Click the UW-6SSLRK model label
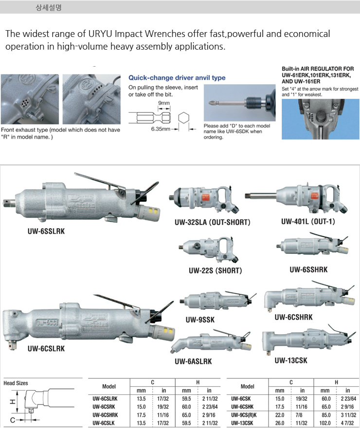pyautogui.click(x=46, y=231)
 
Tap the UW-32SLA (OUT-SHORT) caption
pyautogui.click(x=212, y=222)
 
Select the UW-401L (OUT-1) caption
pyautogui.click(x=308, y=221)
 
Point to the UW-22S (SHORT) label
pyautogui.click(x=216, y=270)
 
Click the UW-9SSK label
pyautogui.click(x=200, y=320)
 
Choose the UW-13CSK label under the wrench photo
pyautogui.click(x=291, y=360)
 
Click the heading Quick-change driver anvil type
pyautogui.click(x=177, y=78)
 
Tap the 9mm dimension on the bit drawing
pyautogui.click(x=164, y=103)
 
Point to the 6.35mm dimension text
pyautogui.click(x=161, y=129)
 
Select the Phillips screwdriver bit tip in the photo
pyautogui.click(x=212, y=103)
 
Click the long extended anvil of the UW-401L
pyautogui.click(x=261, y=196)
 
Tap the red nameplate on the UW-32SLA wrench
pyautogui.click(x=205, y=196)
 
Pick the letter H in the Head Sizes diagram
pyautogui.click(x=12, y=402)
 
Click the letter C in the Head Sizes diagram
pyautogui.click(x=13, y=420)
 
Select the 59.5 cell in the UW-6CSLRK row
pyautogui.click(x=186, y=398)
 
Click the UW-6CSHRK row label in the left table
pyautogui.click(x=105, y=415)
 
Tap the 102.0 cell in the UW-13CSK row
pyautogui.click(x=325, y=423)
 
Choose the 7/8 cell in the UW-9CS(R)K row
pyautogui.click(x=299, y=415)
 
